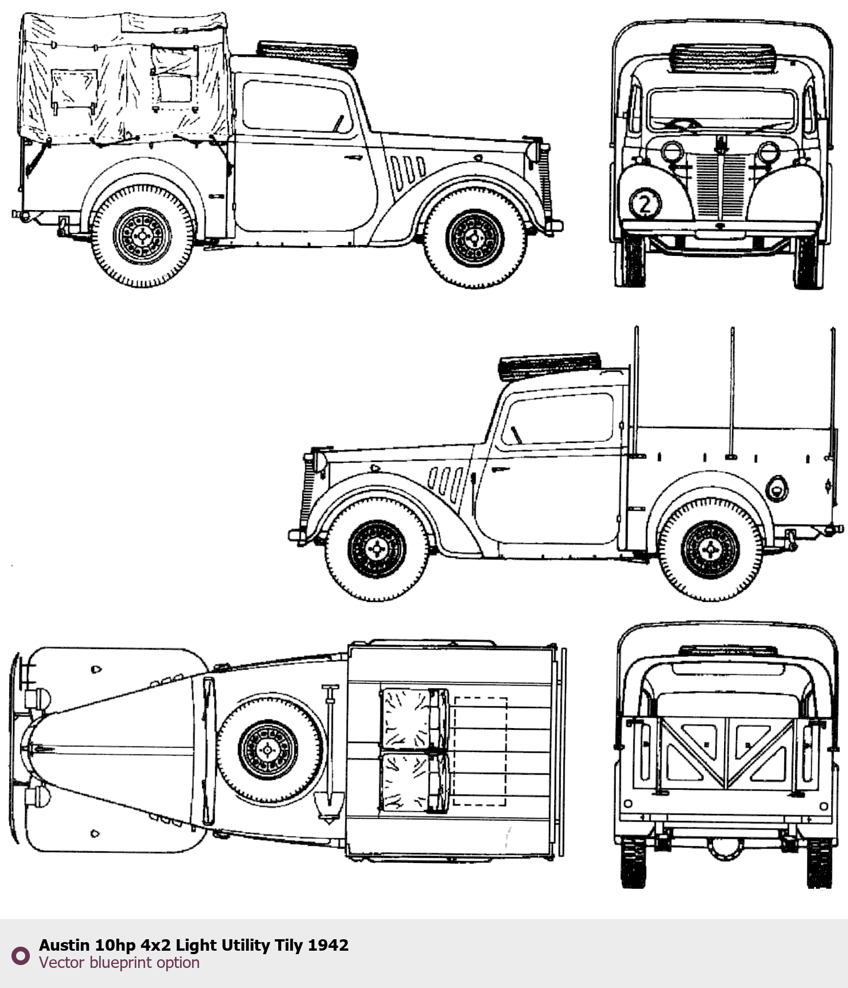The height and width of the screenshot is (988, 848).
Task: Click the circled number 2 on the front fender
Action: [645, 204]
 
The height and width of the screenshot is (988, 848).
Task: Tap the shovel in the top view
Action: [329, 752]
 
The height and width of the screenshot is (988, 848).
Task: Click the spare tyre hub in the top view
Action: [268, 750]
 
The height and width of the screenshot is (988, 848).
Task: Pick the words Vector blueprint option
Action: [119, 963]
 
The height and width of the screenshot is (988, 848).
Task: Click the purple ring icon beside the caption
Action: [21, 955]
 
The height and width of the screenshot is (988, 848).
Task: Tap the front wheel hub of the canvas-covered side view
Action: [475, 238]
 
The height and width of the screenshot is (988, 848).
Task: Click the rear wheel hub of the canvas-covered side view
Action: [142, 236]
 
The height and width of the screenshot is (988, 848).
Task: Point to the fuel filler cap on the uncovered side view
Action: [777, 488]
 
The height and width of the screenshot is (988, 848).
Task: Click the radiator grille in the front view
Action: [721, 184]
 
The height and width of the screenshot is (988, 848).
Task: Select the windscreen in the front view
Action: [721, 110]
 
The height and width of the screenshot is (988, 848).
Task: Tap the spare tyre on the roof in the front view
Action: [723, 57]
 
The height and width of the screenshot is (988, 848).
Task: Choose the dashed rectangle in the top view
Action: [480, 751]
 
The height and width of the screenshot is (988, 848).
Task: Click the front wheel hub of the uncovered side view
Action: [377, 550]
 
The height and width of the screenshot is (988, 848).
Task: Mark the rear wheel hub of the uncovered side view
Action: [710, 550]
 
